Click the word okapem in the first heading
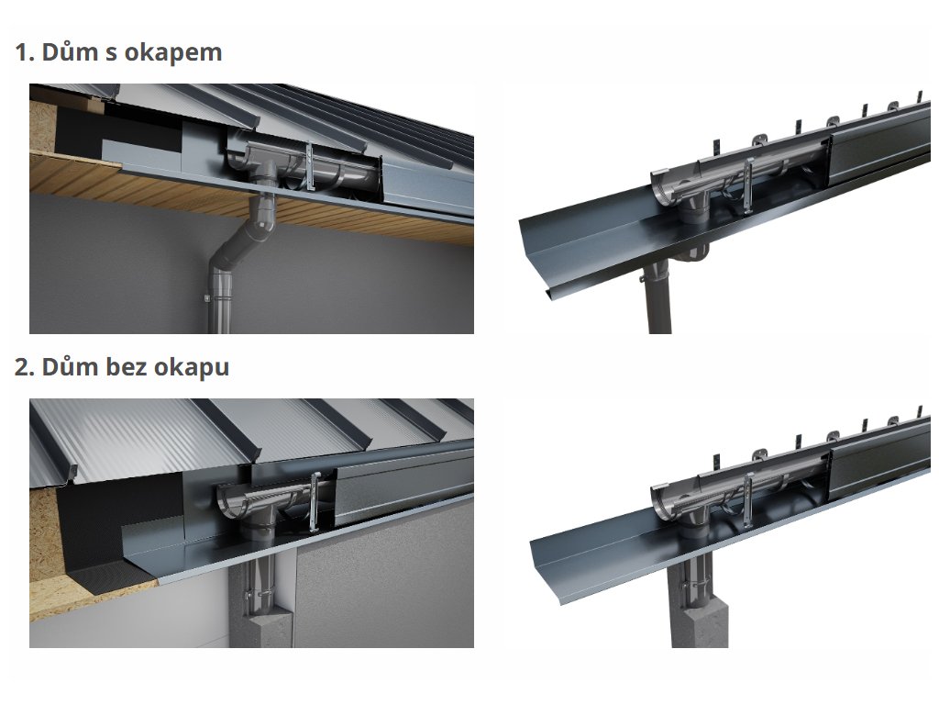[x=173, y=53]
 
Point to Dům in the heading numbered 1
[x=70, y=51]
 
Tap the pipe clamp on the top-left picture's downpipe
[x=220, y=298]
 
